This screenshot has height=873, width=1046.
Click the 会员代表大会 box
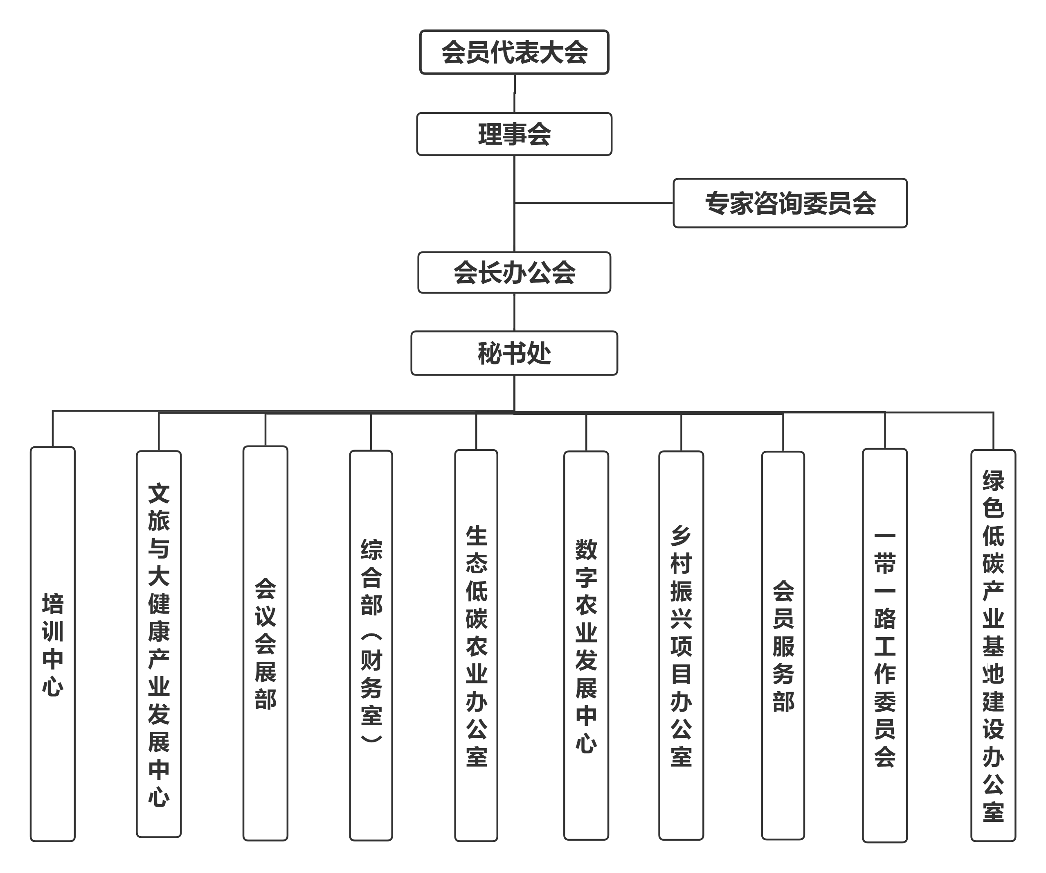coord(514,52)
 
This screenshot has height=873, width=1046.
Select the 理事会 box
coord(514,134)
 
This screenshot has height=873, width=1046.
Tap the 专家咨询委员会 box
coord(790,203)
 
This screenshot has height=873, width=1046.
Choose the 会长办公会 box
coord(514,273)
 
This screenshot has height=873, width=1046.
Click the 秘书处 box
coord(514,353)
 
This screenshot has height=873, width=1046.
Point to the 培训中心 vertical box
coord(53,643)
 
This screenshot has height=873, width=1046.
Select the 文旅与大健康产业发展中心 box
coord(159,643)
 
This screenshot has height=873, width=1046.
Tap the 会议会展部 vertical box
coord(265,643)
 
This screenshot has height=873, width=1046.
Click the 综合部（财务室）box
coord(371,643)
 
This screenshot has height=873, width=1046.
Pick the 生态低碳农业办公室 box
coord(476,643)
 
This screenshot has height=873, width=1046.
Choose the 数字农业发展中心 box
coord(586,643)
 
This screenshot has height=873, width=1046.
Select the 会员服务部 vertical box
coord(783,643)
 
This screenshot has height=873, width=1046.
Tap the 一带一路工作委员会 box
coord(884,643)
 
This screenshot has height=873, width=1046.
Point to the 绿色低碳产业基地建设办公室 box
coord(993,643)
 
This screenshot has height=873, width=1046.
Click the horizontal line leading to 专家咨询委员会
coord(593,203)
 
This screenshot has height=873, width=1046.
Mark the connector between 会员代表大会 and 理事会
coord(514,94)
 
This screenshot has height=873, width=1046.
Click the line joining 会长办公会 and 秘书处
coord(514,312)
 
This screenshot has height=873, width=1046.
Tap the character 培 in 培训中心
coord(53,604)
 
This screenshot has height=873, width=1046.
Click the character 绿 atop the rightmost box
coord(993,480)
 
